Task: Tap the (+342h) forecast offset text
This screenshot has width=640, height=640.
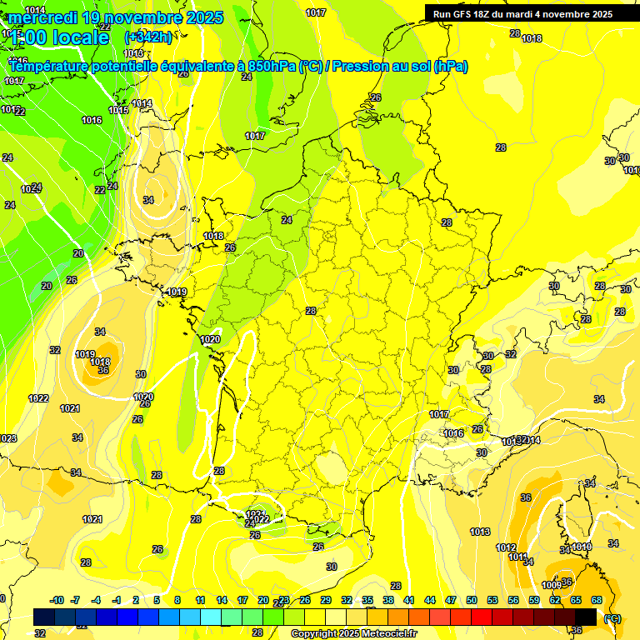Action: coord(148,37)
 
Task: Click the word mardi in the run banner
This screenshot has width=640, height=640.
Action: coord(525,14)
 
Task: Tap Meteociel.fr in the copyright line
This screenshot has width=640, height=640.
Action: coord(382,633)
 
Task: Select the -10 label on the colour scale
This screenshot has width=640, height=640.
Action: coord(57,600)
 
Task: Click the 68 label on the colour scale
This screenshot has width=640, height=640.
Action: coord(597,600)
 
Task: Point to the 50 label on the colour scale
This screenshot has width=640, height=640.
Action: coord(472,600)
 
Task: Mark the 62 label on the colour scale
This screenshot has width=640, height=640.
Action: coord(555,600)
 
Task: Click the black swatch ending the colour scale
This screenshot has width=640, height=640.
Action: coord(586,617)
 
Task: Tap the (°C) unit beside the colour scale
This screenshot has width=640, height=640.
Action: coord(612,617)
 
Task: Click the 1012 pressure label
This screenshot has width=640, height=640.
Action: coord(506,547)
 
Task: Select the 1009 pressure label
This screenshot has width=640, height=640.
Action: coord(552,585)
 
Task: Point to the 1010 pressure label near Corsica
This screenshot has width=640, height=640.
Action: coord(581,547)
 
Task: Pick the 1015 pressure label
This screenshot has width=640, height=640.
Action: coord(117,110)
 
